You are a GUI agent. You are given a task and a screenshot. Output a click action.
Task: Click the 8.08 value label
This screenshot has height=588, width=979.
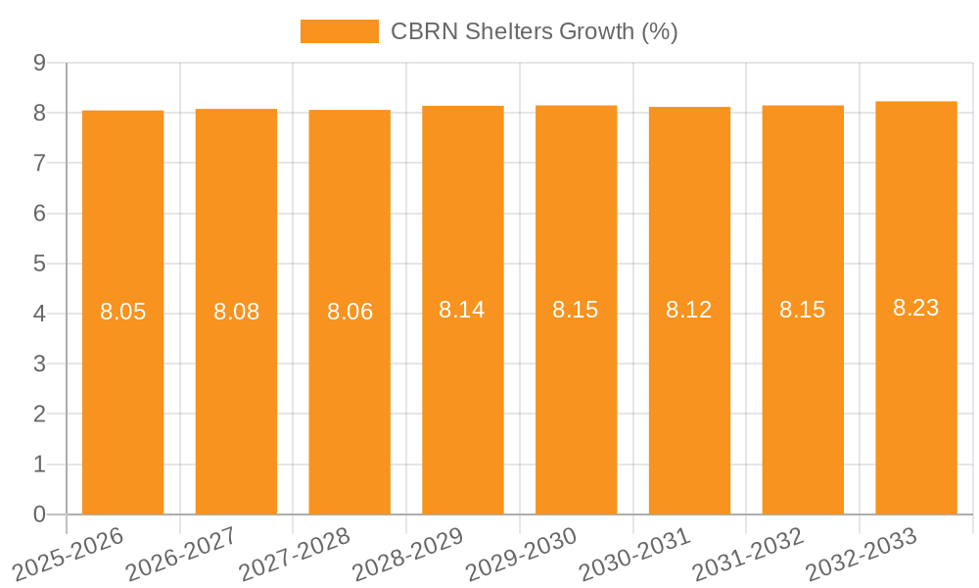(236, 312)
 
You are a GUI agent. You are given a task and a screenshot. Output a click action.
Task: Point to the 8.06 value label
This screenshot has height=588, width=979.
(350, 312)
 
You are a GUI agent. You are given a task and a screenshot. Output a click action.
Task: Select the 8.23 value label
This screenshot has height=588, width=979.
(915, 308)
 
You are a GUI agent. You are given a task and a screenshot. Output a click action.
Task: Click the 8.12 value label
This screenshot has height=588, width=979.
(689, 311)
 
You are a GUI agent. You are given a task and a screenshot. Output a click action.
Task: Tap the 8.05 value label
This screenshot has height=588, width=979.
(122, 312)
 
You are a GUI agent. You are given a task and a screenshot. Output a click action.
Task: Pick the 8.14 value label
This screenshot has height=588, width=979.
(462, 310)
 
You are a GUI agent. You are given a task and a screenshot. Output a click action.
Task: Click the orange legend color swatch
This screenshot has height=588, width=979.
(339, 31)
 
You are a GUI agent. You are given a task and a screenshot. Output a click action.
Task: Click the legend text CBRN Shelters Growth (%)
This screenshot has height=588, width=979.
(534, 31)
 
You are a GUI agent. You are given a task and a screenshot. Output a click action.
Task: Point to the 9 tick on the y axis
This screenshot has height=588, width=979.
(39, 63)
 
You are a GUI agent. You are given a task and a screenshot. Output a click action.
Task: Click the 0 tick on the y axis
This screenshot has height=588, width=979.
(39, 514)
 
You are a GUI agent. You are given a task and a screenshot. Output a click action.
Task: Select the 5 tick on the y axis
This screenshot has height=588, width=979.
(39, 264)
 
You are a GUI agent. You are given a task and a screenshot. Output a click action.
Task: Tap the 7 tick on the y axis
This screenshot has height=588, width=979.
(39, 163)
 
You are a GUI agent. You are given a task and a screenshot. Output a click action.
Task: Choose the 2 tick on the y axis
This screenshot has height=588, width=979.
(39, 415)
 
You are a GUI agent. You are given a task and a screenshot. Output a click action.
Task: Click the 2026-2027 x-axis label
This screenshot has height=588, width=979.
(182, 553)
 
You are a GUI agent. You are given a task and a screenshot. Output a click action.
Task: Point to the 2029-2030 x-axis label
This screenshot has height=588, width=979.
(522, 553)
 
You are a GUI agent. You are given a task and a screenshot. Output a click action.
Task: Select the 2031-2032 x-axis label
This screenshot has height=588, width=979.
(749, 553)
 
